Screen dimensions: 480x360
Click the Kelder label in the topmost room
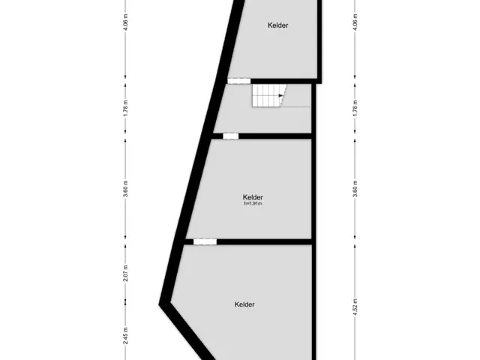click(x=277, y=25)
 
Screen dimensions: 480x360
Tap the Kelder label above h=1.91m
click(x=253, y=197)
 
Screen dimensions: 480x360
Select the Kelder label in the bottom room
click(x=244, y=304)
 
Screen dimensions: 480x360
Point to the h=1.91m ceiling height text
click(x=253, y=203)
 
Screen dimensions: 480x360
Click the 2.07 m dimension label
click(x=125, y=273)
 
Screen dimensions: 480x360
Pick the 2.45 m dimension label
click(x=125, y=335)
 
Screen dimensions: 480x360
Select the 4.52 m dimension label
click(x=355, y=307)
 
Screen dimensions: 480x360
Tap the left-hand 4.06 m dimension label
click(x=125, y=22)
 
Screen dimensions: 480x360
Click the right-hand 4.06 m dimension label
click(x=355, y=22)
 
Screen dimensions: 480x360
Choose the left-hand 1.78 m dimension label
click(x=125, y=108)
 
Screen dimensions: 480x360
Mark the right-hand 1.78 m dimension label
click(x=355, y=108)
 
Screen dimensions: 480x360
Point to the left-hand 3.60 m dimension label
click(x=125, y=189)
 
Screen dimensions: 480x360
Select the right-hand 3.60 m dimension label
click(x=355, y=189)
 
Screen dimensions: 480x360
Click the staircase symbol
click(x=268, y=95)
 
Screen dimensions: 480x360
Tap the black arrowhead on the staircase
click(x=280, y=96)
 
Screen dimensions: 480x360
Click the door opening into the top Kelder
click(x=239, y=81)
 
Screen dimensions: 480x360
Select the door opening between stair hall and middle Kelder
click(x=230, y=136)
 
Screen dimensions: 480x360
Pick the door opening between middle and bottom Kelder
click(x=205, y=241)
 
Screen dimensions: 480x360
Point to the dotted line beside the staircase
click(x=295, y=106)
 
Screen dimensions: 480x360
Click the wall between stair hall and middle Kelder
click(x=275, y=136)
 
